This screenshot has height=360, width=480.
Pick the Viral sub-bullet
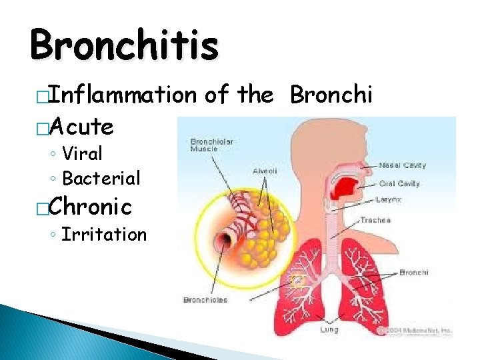coord(82,154)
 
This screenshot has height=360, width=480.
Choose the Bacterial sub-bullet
coord(101,178)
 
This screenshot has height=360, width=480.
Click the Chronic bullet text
coord(91,206)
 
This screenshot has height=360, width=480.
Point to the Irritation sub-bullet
coord(103,235)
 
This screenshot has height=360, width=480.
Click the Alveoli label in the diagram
coord(265,171)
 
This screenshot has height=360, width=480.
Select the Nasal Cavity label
coord(403,165)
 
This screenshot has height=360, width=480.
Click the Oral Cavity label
coord(400,184)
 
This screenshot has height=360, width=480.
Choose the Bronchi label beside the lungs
coord(413,272)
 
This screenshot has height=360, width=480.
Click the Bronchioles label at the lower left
coord(205,300)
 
